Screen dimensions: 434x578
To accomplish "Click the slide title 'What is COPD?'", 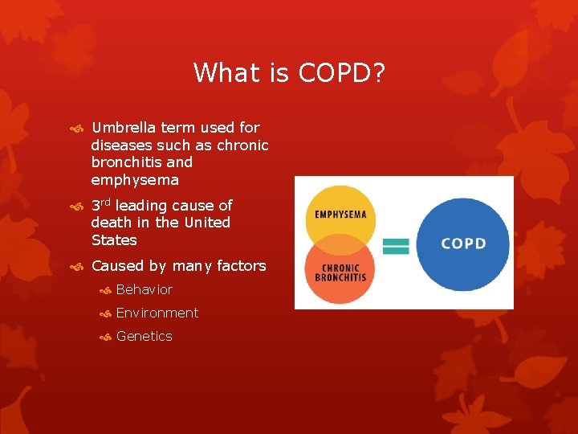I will [x=289, y=73].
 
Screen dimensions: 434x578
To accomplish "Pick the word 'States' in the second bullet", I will [x=114, y=240].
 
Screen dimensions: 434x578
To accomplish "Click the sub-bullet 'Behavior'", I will [x=144, y=289].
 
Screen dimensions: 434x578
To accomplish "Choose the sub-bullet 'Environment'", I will [x=157, y=313].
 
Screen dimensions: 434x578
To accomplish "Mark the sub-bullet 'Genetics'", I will [x=144, y=336].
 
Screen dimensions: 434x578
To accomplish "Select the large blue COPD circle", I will [x=463, y=244].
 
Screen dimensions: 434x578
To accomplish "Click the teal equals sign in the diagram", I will [x=397, y=246].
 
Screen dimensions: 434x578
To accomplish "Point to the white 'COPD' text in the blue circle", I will [x=463, y=244].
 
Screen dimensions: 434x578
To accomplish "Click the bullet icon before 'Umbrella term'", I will [x=77, y=129].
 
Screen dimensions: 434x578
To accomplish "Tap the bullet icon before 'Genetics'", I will [x=104, y=337].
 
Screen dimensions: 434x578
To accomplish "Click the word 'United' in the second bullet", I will [x=207, y=223].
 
